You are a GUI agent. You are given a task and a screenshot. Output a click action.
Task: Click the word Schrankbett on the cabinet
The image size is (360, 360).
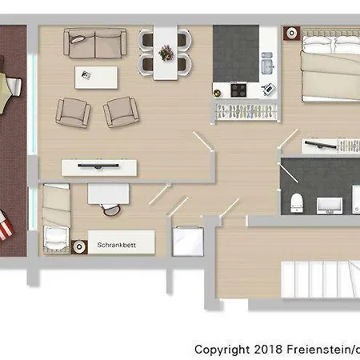(x=117, y=245)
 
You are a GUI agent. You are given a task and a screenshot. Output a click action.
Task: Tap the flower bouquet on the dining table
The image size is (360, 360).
(x=166, y=53)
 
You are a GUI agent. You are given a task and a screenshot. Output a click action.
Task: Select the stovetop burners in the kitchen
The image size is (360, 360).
(x=238, y=90)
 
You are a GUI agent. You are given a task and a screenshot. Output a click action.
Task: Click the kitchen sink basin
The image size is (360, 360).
(x=267, y=66)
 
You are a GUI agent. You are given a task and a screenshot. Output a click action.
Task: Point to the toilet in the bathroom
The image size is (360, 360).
(x=297, y=203)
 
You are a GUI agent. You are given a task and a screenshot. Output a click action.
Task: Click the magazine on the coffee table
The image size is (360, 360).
(x=86, y=75)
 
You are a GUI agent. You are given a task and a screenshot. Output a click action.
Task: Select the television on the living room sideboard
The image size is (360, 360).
(x=98, y=166)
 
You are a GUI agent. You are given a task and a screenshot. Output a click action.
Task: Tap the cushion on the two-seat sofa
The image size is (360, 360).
(x=77, y=39)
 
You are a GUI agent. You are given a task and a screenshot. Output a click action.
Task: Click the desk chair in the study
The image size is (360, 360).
(x=110, y=210)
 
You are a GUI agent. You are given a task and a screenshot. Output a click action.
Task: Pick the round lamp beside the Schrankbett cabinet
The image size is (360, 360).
(x=79, y=247)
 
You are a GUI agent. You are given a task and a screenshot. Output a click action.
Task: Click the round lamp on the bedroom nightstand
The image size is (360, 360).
(x=292, y=33)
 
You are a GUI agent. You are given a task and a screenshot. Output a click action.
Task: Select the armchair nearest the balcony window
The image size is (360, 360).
(x=73, y=113)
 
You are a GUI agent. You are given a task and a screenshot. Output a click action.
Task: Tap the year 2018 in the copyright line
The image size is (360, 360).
(x=268, y=350)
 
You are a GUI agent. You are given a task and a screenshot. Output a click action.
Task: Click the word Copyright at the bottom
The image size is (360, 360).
(x=222, y=350)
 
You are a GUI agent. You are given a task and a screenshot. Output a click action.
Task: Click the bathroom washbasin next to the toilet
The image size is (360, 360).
(x=330, y=206)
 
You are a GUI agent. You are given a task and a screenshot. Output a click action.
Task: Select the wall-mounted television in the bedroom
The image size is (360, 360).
(x=321, y=145)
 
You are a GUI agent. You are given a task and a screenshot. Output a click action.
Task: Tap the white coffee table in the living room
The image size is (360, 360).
(x=96, y=78)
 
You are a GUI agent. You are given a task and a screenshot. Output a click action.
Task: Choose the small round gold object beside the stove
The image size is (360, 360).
(x=218, y=93)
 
